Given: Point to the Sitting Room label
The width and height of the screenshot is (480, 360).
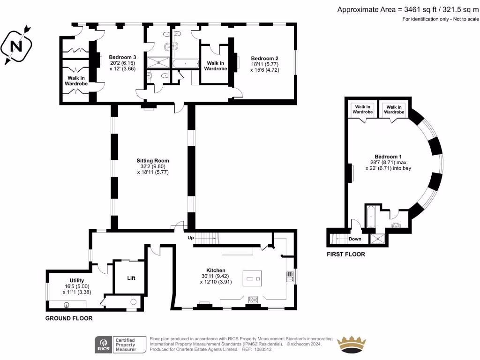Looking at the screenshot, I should pyautogui.click(x=153, y=160).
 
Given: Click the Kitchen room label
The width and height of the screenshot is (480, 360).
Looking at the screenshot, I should pyautogui.click(x=216, y=270).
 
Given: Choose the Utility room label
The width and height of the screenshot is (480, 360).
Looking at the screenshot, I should pyautogui.click(x=76, y=280).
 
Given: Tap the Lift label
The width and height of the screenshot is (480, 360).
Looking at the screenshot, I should pyautogui.click(x=131, y=278).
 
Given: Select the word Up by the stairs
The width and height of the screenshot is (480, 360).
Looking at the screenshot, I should pyautogui.click(x=191, y=238).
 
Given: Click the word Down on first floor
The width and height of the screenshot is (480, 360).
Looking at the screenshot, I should pyautogui.click(x=355, y=239).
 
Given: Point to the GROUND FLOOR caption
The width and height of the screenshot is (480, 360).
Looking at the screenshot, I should pyautogui.click(x=69, y=318).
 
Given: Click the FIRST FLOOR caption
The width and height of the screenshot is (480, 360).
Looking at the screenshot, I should pyautogui.click(x=346, y=255).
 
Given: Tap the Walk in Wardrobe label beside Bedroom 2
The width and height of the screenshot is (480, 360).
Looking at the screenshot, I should pyautogui.click(x=216, y=66).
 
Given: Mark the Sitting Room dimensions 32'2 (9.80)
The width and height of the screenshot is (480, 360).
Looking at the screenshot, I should pyautogui.click(x=153, y=166).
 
